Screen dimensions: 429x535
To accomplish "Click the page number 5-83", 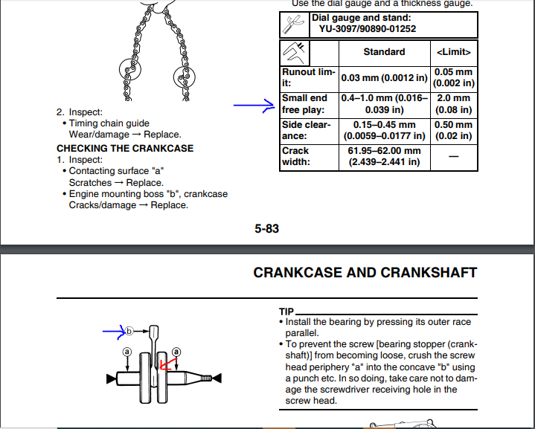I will coord(266,228).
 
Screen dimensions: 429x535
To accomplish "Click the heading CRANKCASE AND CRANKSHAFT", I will coord(365,272).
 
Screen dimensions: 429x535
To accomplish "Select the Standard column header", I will coord(384,52).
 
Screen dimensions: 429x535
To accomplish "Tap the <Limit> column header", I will coord(453,52).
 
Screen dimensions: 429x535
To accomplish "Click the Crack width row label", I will coord(296,156).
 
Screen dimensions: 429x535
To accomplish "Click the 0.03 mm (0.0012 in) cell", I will coord(384,78).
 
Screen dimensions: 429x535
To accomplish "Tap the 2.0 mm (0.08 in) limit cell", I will coord(453,104).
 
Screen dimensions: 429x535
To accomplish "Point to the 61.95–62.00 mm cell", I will coord(384,156).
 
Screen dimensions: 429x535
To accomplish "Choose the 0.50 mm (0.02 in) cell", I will coord(453,130).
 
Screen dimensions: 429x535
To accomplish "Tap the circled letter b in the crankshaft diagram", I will coord(129,330).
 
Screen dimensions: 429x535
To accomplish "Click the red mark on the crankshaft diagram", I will coord(167,364).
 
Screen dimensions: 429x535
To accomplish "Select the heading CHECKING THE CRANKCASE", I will coord(125,148).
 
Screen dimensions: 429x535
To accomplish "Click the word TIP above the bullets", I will coord(286,312).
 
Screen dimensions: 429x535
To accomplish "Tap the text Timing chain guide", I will coord(109,123).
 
